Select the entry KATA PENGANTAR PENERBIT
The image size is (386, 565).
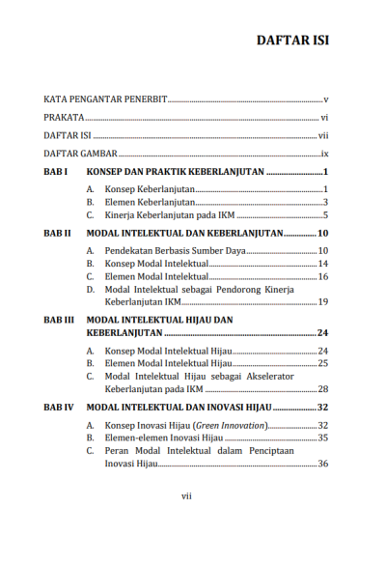click(105, 99)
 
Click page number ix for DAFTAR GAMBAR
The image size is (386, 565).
click(325, 154)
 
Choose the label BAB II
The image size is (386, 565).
click(57, 234)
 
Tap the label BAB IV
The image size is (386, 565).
click(59, 409)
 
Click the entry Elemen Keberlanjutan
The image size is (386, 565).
click(150, 202)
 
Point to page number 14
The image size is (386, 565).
click(323, 264)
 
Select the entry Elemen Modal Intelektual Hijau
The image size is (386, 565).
click(169, 362)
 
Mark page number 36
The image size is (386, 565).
click(323, 464)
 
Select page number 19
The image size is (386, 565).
click(323, 302)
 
